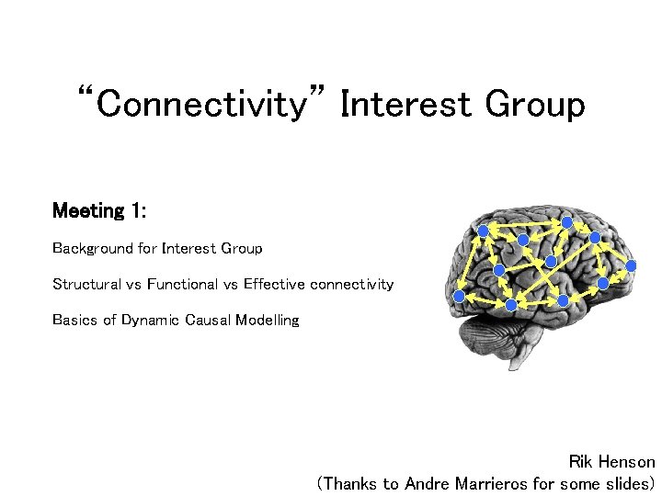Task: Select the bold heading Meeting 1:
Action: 99,211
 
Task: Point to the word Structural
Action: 86,285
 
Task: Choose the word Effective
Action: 274,285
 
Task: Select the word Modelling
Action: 268,321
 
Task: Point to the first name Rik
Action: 581,462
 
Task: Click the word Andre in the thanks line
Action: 428,483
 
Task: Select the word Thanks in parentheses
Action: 349,483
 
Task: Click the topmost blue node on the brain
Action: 567,222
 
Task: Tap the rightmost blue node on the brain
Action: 631,265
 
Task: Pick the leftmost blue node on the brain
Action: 459,296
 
